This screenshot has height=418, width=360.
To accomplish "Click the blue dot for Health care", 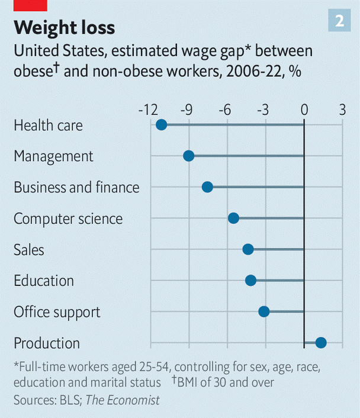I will [161, 125].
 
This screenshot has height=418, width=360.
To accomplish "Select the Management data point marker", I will [188, 156].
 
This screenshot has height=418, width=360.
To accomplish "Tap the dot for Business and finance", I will [207, 187].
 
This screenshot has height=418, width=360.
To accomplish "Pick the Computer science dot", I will [233, 218].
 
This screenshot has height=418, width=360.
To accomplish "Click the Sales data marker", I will [248, 249].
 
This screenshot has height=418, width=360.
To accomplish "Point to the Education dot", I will [250, 280].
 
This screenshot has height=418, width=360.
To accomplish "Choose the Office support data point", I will [264, 311].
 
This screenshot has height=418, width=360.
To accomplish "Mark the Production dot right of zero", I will [321, 342].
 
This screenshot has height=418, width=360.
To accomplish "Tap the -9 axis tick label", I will [187, 110].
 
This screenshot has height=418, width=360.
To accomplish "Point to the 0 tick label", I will [304, 110].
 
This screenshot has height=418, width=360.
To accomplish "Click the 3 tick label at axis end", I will [342, 110].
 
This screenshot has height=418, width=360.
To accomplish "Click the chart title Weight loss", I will [65, 27].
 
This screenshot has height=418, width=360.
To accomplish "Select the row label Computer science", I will [68, 218].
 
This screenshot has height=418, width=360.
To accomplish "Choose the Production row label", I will [47, 343].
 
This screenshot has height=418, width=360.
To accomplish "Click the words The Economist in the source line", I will [123, 400].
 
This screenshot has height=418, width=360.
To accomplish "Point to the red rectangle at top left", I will [30, 5].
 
